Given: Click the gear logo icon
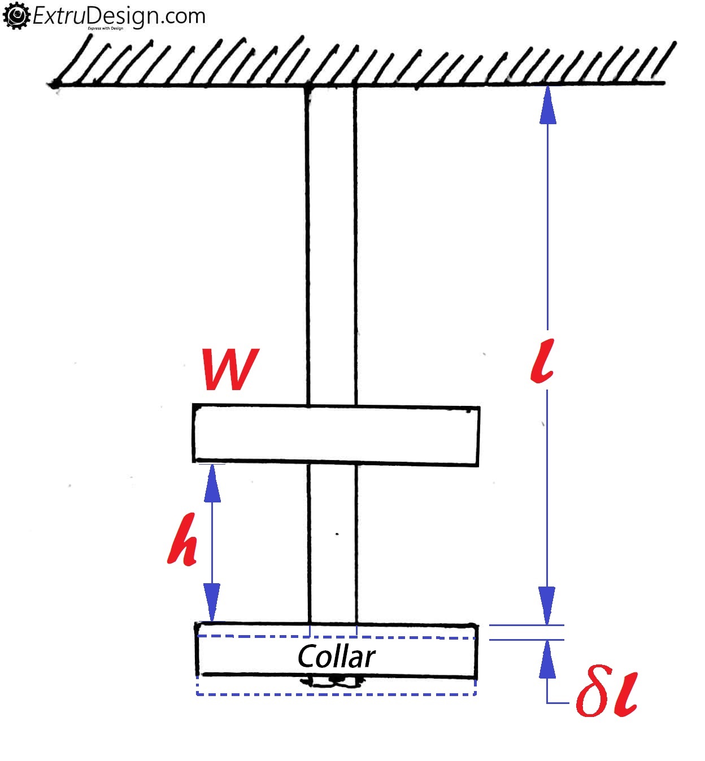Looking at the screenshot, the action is click(x=16, y=16).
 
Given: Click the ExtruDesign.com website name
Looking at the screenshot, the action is click(x=119, y=16).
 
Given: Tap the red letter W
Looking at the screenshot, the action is click(x=230, y=369).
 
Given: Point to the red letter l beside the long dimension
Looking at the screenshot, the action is click(x=542, y=361).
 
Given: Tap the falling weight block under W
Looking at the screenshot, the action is click(x=336, y=435).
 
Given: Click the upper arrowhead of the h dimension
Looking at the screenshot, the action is click(x=212, y=483).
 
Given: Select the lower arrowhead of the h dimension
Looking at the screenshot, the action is click(x=212, y=602).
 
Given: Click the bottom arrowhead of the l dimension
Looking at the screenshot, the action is click(x=547, y=606).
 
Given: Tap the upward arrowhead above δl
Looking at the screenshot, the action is click(x=547, y=659).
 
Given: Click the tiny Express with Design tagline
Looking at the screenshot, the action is click(x=106, y=28).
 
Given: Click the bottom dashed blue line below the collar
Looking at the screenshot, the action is click(x=336, y=694).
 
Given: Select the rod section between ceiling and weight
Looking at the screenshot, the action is click(x=332, y=245).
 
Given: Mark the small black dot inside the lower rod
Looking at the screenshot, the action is click(x=337, y=534).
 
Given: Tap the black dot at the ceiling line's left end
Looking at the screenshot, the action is click(x=55, y=83).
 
